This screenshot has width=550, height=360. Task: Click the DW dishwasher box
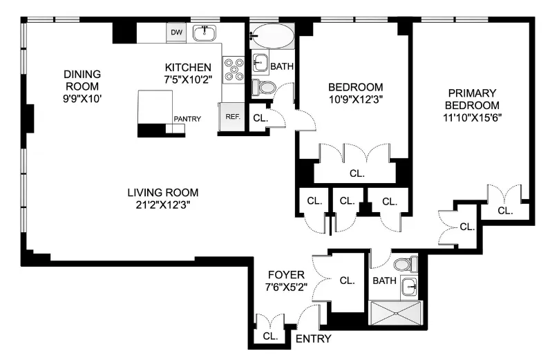(176, 32)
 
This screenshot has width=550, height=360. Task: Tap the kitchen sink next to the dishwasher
(205, 32)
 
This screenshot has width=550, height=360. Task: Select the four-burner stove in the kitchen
(235, 70)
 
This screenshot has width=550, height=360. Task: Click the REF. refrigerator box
(231, 117)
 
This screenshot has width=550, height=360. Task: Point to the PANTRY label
(187, 119)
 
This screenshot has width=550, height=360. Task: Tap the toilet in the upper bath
(265, 87)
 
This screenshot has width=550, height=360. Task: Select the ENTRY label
(313, 339)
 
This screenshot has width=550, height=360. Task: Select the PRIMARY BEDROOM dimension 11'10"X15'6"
(473, 117)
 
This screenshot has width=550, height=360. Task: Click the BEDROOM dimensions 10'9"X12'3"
(355, 99)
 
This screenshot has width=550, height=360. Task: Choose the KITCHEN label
(187, 67)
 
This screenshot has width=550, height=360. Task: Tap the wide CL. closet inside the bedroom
(357, 173)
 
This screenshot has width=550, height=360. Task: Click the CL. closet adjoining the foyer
(347, 281)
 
